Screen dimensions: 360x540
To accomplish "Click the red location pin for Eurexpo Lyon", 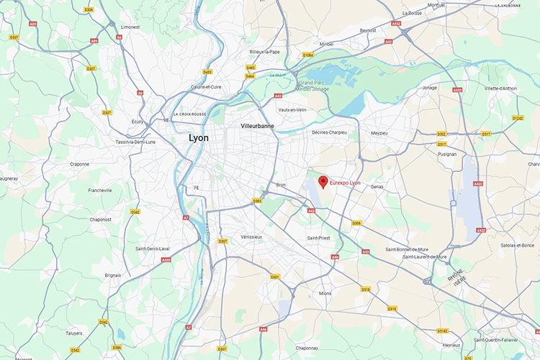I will coord(323,181).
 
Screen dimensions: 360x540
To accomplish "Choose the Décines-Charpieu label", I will coord(329,132).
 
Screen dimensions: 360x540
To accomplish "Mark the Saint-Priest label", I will coord(318,238).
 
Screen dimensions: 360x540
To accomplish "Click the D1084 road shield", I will coord(308,55).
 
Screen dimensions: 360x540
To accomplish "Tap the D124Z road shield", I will coord(518,117).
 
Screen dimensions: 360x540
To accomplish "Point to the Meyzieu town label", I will coord(379,132).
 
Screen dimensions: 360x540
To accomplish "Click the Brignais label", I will coord(113,275).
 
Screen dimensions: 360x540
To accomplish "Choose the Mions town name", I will coord(325,293).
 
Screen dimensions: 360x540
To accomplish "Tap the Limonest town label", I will coord(130,27).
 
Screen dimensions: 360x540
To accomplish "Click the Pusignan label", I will coord(446,154).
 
